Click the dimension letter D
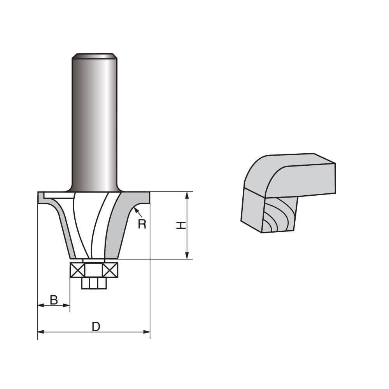[96, 327]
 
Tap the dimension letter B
[54, 300]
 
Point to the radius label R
[142, 224]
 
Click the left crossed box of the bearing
[77, 270]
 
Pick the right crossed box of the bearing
[110, 270]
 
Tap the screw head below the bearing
[94, 283]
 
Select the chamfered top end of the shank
[95, 56]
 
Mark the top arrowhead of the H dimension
[187, 195]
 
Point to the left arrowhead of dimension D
[40, 332]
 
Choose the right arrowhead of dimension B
[67, 305]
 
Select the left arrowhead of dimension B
[40, 305]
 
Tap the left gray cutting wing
[64, 226]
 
